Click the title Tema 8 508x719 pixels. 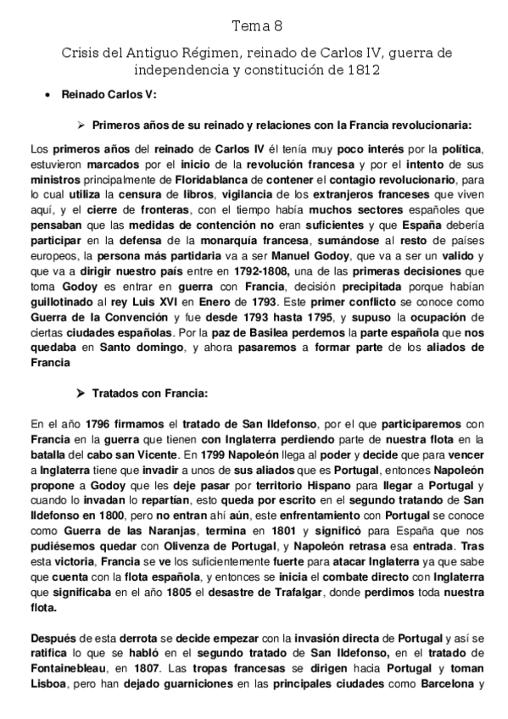click(254, 25)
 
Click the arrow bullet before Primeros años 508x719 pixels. click(81, 124)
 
